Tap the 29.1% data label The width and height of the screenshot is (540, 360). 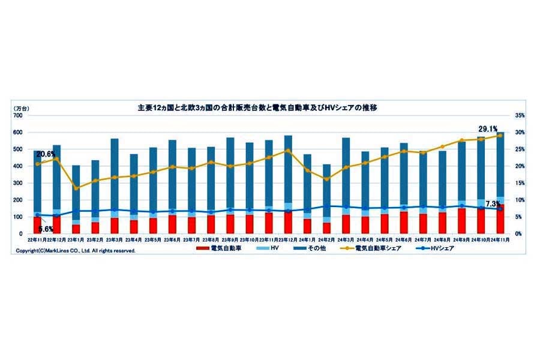tap(487, 128)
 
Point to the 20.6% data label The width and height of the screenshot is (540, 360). tap(46, 154)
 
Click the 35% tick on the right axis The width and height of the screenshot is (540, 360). tap(519, 115)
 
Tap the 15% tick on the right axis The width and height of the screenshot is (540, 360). tap(519, 183)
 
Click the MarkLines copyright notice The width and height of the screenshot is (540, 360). tap(76, 251)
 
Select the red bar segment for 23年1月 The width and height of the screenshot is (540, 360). tap(76, 229)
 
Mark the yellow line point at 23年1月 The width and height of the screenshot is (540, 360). tap(76, 188)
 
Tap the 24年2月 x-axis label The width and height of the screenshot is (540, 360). tap(326, 239)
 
